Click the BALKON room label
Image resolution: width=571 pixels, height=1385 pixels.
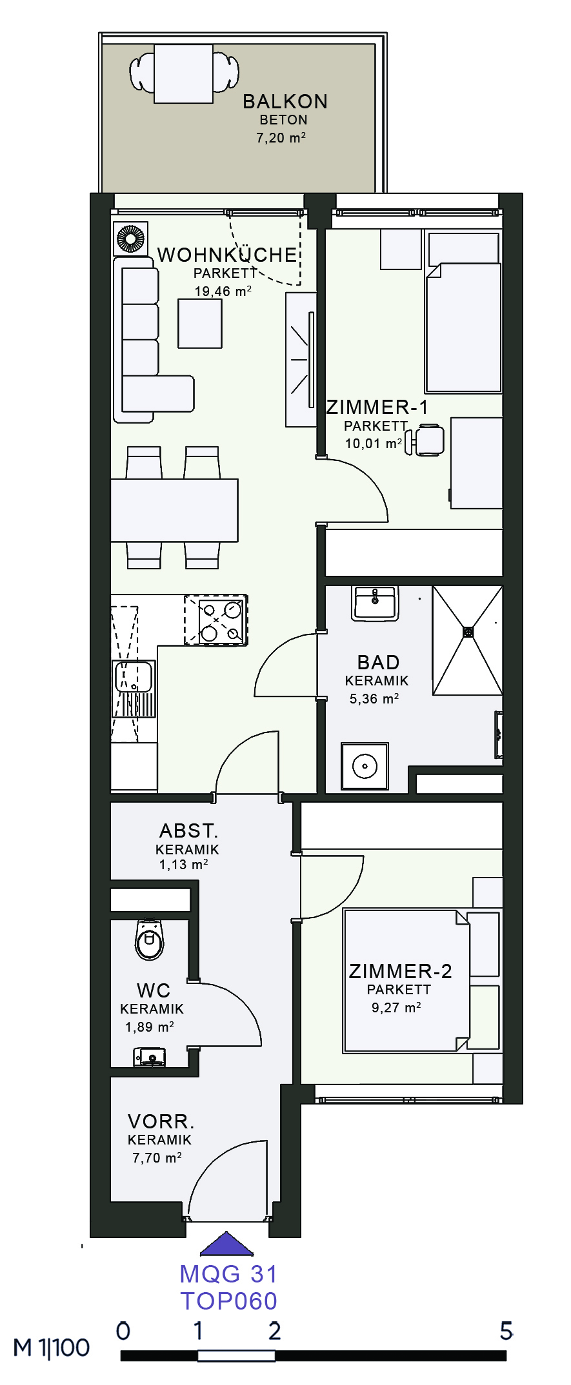(285, 102)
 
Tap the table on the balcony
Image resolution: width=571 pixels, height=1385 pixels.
(183, 74)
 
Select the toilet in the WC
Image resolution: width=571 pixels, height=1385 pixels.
(150, 940)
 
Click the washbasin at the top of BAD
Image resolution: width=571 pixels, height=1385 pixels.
(374, 604)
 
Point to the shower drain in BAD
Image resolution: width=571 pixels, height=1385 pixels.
(468, 632)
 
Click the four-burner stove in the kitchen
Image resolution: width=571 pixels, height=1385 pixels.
(216, 620)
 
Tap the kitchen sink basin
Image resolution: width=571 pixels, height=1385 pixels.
(134, 677)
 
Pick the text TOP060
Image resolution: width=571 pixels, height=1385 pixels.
(228, 1301)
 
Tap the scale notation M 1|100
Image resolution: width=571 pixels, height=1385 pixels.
(52, 1348)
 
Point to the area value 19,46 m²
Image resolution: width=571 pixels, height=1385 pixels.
(223, 291)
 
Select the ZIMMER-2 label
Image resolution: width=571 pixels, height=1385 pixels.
(400, 971)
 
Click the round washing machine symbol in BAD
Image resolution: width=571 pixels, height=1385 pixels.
(365, 767)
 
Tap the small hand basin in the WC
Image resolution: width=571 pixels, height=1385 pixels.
(150, 1057)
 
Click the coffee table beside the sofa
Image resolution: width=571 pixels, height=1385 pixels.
(200, 324)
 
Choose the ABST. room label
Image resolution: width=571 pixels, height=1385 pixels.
(188, 830)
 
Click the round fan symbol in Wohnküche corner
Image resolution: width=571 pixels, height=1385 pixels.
(130, 239)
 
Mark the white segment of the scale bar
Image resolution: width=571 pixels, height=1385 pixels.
(236, 1356)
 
